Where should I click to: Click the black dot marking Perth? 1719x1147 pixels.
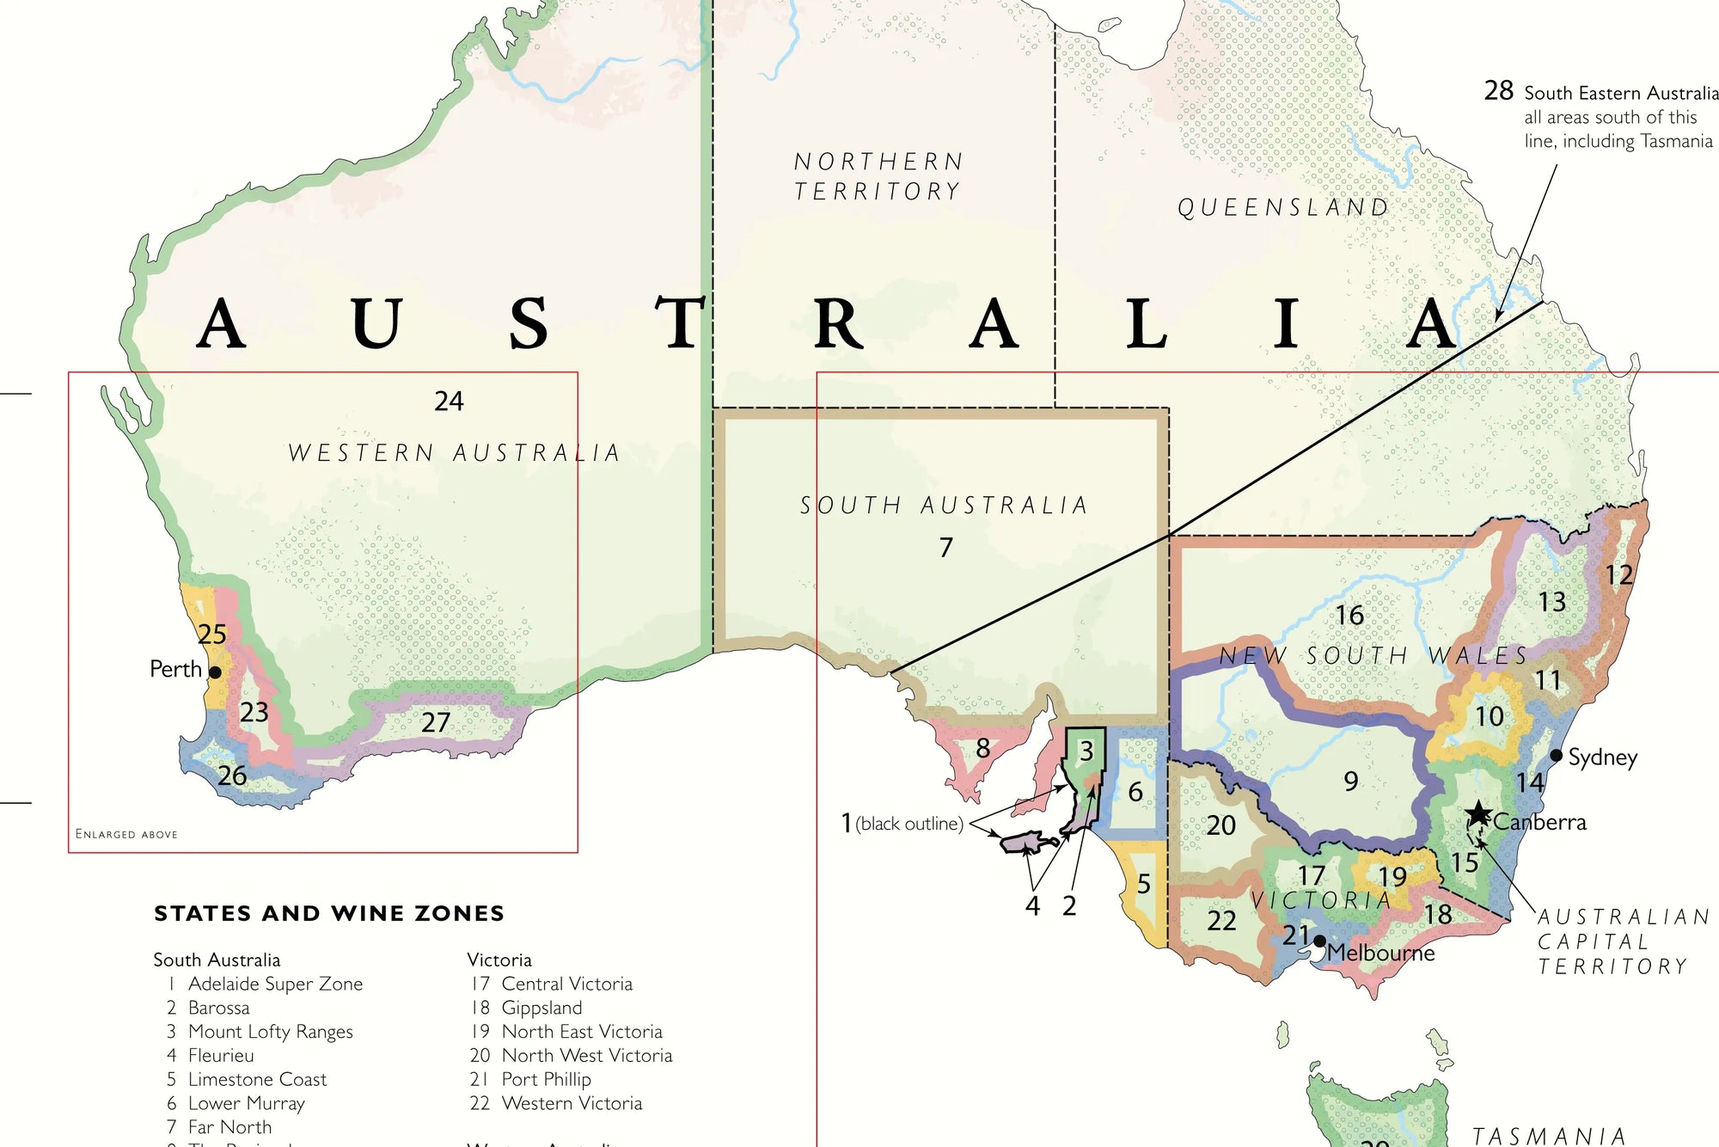click(215, 672)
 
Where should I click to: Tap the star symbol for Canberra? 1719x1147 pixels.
click(1478, 813)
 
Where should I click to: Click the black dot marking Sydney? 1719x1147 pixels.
click(1556, 756)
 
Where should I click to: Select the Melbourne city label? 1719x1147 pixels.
click(1380, 953)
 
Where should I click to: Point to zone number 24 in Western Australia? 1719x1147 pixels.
click(449, 402)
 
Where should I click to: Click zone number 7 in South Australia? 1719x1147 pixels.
click(945, 548)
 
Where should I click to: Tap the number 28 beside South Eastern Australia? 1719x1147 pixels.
click(1498, 91)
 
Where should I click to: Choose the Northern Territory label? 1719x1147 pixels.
click(878, 176)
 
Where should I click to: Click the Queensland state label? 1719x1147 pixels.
click(1282, 208)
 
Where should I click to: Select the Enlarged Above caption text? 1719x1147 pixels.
click(126, 834)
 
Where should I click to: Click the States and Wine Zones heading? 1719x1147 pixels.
click(329, 913)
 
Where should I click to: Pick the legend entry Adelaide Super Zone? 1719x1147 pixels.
click(275, 984)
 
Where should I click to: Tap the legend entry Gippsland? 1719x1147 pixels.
click(541, 1008)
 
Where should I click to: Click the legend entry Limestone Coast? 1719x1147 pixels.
click(257, 1079)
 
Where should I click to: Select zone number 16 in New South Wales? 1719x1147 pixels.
click(1349, 616)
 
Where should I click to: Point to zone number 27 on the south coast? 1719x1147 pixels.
click(436, 722)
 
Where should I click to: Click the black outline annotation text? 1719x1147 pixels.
click(909, 824)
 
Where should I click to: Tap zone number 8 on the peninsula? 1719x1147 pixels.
click(983, 749)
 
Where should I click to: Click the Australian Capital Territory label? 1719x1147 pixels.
click(1622, 942)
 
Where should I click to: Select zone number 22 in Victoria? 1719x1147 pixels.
click(1221, 921)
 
